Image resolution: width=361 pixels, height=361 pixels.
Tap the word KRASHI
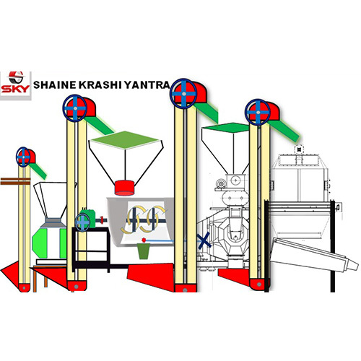(100, 85)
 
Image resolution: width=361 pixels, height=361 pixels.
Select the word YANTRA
(147, 85)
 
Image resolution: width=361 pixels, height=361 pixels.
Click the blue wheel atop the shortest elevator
(23, 157)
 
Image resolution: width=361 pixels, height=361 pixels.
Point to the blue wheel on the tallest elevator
(183, 93)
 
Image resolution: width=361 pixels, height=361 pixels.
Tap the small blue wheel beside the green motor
(82, 222)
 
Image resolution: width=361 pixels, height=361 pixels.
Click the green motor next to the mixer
(89, 217)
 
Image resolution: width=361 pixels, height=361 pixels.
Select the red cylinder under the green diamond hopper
(124, 188)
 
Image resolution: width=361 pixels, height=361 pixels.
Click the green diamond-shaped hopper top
(125, 140)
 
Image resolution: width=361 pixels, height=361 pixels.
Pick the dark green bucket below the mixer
(144, 251)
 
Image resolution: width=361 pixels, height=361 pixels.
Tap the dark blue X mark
(204, 240)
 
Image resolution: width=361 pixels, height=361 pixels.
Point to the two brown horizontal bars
(15, 181)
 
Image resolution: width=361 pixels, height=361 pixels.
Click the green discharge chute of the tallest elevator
(206, 112)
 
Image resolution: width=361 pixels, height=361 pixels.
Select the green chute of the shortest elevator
(38, 170)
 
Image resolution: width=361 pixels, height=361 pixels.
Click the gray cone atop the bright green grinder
(53, 222)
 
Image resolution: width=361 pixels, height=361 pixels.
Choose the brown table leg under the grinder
(35, 280)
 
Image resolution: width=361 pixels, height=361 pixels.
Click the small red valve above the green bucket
(144, 240)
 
